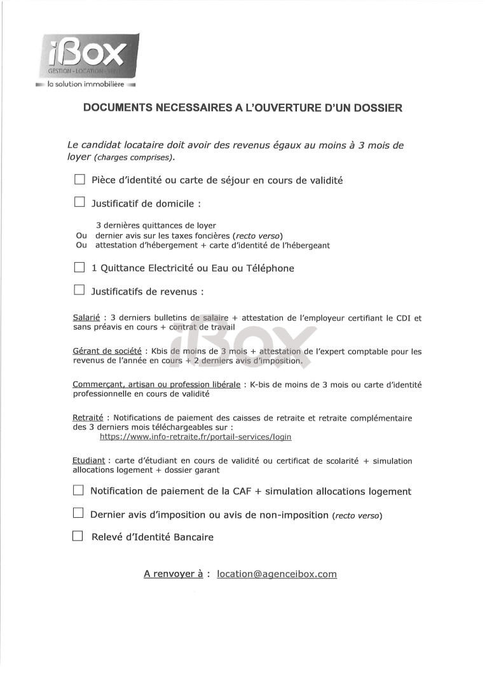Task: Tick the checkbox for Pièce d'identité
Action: click(79, 179)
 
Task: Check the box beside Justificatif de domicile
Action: click(79, 203)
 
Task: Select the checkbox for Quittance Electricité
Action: click(79, 268)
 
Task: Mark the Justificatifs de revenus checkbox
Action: click(79, 291)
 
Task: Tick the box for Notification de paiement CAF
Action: click(78, 490)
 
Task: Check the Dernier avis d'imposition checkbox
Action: click(78, 513)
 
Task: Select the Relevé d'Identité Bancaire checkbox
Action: click(78, 536)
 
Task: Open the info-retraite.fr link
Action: click(195, 437)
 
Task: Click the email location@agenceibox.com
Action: click(277, 574)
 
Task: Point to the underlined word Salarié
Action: click(86, 317)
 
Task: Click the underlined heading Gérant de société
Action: click(107, 351)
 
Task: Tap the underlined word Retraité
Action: click(88, 418)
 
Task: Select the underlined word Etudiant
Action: click(88, 461)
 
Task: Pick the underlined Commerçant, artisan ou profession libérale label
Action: click(156, 384)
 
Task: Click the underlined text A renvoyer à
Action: click(173, 574)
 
